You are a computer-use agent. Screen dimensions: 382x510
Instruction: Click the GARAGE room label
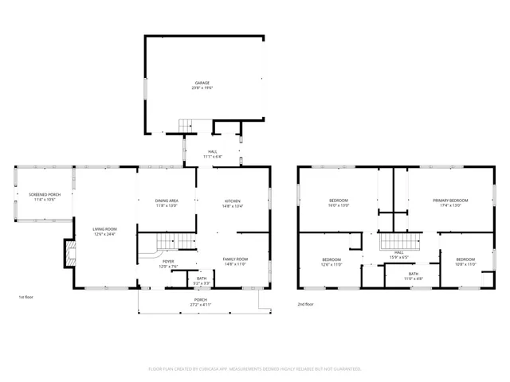pos(202,83)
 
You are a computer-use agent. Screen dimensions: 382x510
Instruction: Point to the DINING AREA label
pos(166,201)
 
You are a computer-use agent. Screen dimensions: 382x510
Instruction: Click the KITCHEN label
pos(232,201)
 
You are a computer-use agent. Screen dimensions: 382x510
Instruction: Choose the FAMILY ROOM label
pos(235,259)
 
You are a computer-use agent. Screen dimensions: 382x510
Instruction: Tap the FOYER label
pos(168,261)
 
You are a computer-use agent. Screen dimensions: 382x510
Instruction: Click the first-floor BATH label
pos(202,279)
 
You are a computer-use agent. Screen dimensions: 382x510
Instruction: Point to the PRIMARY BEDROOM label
pos(450,200)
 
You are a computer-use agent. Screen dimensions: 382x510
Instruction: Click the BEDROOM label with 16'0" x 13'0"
pos(339,200)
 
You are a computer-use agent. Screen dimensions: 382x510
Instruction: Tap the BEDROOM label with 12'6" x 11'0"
pos(331,259)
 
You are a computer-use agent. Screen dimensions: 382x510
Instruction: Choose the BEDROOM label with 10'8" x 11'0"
pos(465,259)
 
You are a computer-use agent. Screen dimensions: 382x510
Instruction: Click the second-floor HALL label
pos(398,254)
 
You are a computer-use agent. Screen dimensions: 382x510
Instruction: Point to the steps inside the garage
pos(186,125)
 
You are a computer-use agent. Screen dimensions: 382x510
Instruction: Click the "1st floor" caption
pos(25,298)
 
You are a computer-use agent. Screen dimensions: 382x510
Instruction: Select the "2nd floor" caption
pos(306,304)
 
